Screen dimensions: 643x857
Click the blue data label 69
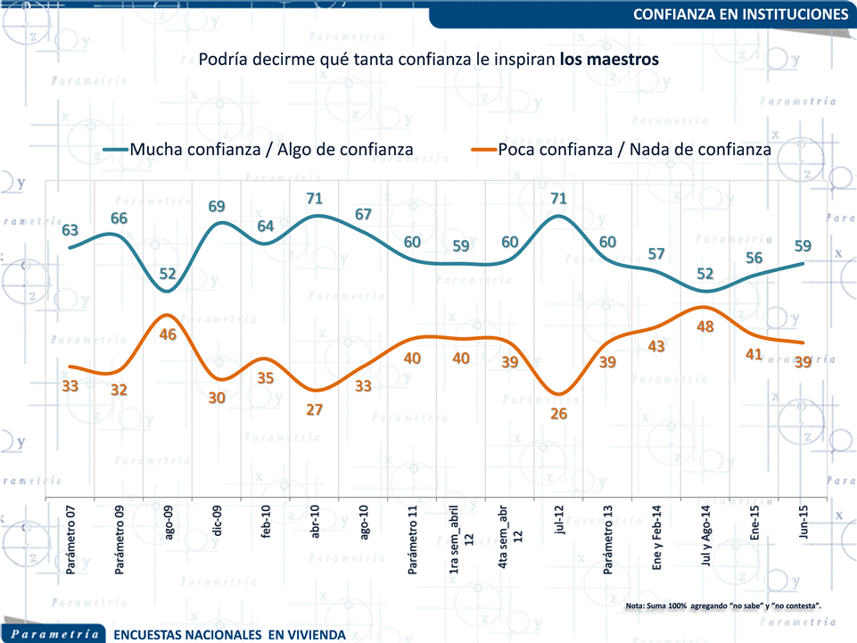coord(217,206)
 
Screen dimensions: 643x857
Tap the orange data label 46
coord(168,335)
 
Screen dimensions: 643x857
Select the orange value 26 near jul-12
coord(559,414)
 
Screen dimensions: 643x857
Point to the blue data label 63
coord(70,230)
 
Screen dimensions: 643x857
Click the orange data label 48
coord(705,326)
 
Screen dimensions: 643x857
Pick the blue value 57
coord(656,253)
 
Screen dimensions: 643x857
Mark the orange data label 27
coord(314,410)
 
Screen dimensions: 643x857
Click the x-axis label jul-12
coord(559,525)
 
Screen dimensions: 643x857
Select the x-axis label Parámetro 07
coord(70,545)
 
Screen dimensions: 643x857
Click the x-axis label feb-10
coord(266,525)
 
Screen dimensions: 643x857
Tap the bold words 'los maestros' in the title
coord(610,60)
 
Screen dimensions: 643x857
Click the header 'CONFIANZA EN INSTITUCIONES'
coord(740,14)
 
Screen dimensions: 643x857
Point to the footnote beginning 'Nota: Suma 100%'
coord(723,606)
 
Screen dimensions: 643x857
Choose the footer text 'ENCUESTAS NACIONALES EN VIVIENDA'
coord(229,635)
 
